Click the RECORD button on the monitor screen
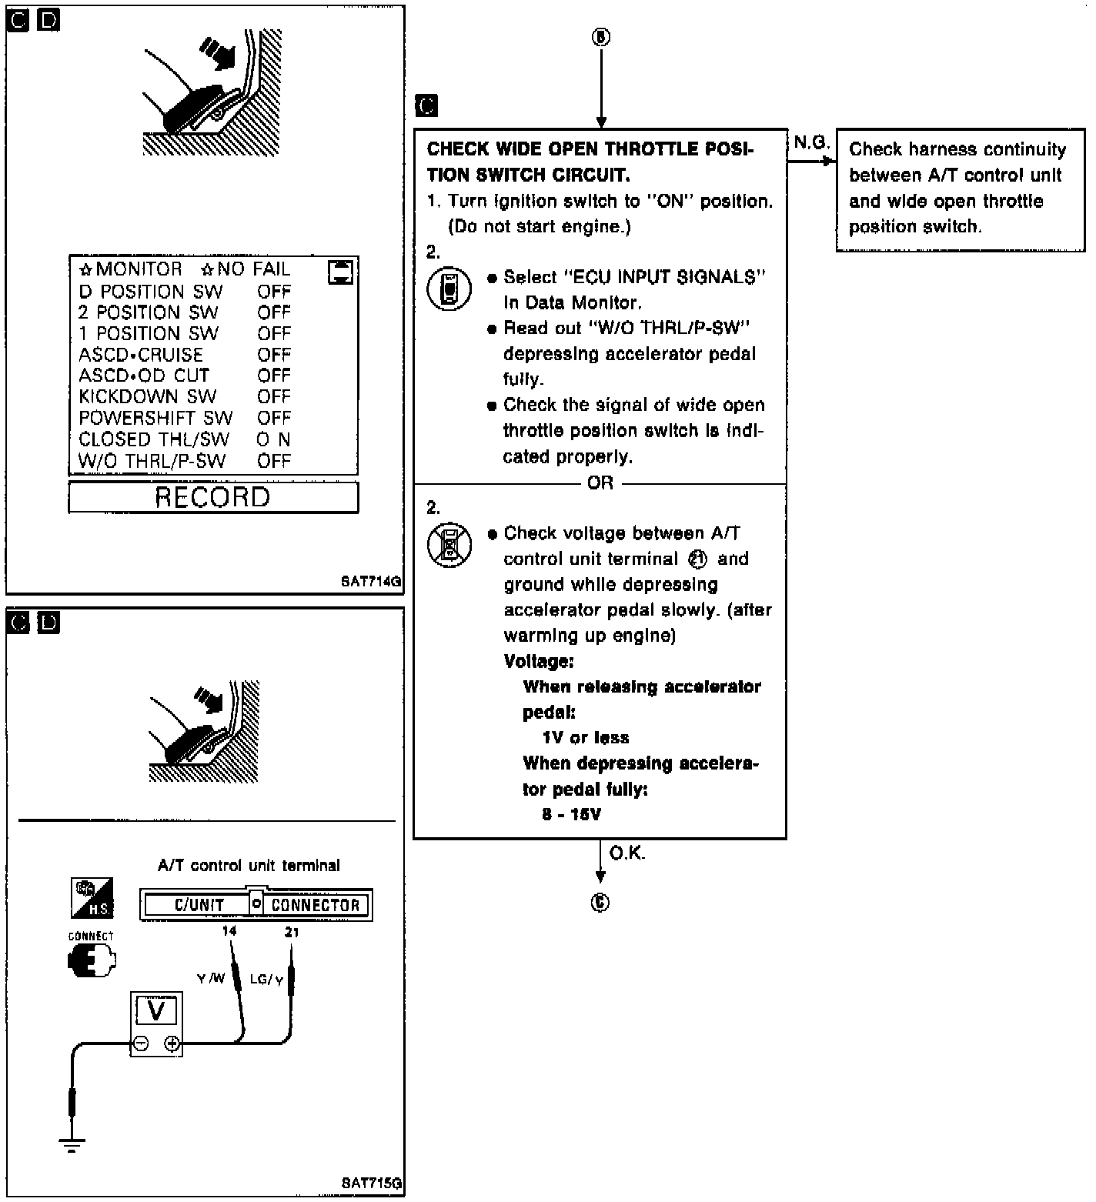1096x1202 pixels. pos(213,497)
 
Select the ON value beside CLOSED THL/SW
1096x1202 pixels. pos(274,439)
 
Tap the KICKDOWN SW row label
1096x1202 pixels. pos(148,397)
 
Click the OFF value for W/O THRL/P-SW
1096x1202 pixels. pos(274,461)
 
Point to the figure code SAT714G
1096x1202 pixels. pos(371,582)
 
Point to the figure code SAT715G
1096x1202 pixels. pos(371,1184)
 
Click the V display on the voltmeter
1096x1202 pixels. pos(156,1010)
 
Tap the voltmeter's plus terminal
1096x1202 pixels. pos(172,1044)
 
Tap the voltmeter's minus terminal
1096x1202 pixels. pos(141,1044)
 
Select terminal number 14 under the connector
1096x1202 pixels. pos(229,931)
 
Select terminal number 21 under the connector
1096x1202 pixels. pos(292,932)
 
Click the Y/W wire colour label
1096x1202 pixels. pos(211,979)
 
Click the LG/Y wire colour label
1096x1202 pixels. pos(266,980)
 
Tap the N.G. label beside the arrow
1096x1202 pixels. pos(811,142)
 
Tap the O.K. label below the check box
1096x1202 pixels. pos(627,853)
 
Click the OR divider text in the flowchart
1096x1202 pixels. pos(600,482)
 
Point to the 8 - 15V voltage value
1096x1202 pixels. pos(571,814)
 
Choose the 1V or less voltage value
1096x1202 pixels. pos(586,738)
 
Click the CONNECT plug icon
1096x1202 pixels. pos(92,960)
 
